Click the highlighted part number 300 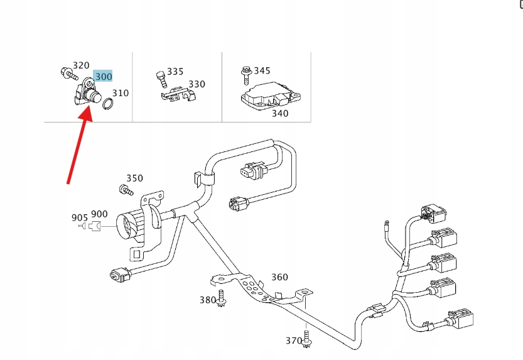point(103,77)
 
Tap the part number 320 point(81,65)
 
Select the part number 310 point(120,93)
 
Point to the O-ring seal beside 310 point(108,104)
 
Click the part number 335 point(175,72)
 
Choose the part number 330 point(197,84)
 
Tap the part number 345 point(262,70)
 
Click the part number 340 point(280,113)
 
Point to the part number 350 point(134,178)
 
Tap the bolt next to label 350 point(126,189)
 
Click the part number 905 point(80,218)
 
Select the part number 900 point(99,215)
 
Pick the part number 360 point(279,277)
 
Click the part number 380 point(208,300)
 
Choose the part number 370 point(294,341)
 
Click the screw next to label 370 point(307,338)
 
